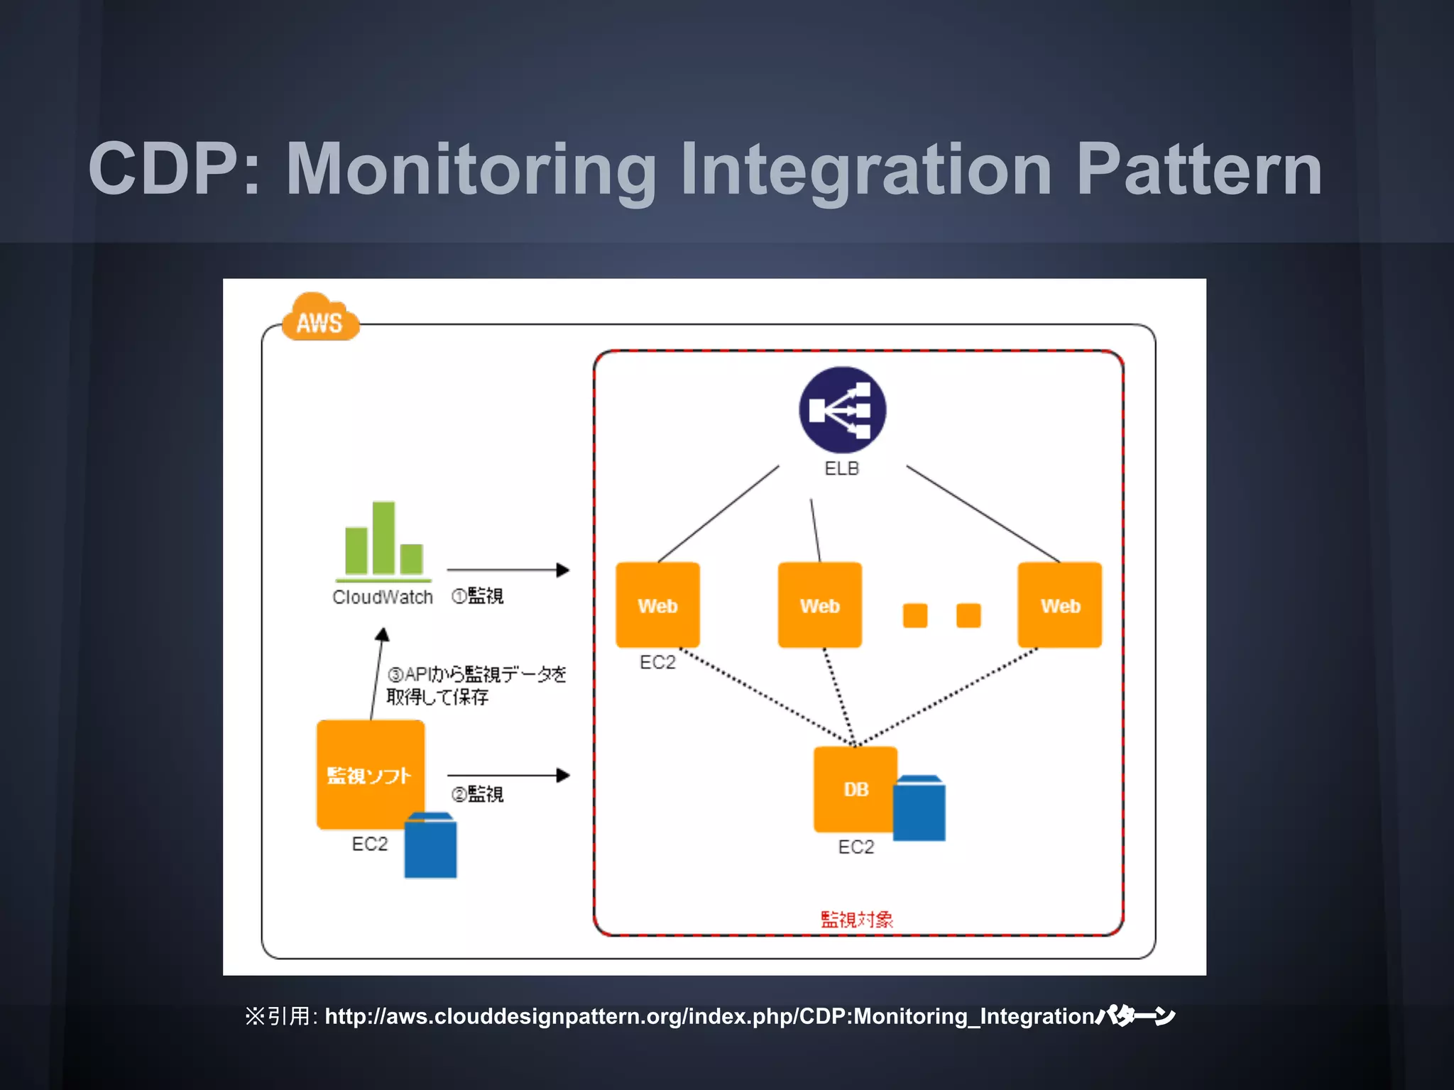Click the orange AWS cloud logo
coord(320,319)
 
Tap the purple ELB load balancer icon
coord(842,410)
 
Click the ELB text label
coord(842,468)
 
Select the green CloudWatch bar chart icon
coord(383,541)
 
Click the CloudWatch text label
coord(383,598)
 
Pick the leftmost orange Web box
coord(657,605)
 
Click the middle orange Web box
coord(820,605)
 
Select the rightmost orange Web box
coord(1059,605)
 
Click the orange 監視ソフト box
coord(370,774)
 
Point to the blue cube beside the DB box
coord(919,810)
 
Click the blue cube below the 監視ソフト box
coord(430,847)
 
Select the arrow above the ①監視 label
coord(508,570)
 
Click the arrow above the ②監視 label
coord(508,776)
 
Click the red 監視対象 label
coord(857,920)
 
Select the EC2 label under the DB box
coord(856,847)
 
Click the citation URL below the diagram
coord(710,1016)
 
